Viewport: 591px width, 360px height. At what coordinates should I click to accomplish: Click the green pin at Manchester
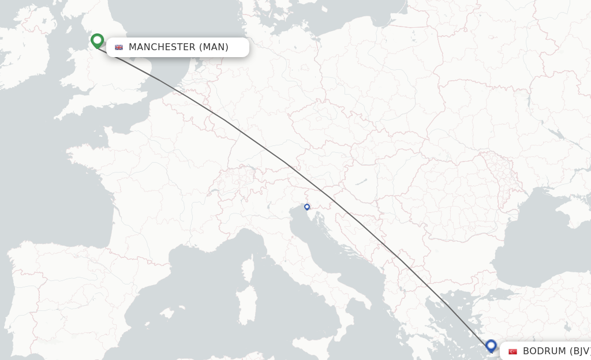pos(97,40)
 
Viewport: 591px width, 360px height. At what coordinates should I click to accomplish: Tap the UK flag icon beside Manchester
pos(119,47)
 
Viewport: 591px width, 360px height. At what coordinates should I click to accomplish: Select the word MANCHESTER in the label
pos(162,47)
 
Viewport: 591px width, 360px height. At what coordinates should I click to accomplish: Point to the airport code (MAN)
pos(214,47)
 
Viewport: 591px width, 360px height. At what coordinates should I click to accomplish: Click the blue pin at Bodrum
pos(491,346)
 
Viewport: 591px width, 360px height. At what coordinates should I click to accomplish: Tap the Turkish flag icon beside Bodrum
pos(513,351)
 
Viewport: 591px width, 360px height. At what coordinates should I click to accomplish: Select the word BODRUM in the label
pos(544,351)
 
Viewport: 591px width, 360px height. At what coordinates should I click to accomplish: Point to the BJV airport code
pos(581,351)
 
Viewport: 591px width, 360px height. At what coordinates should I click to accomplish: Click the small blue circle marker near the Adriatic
pos(307,207)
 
